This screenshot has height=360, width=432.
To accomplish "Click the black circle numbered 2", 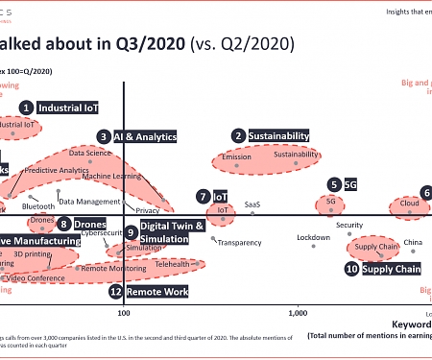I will (x=238, y=137).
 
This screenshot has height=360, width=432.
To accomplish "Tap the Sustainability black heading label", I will (x=279, y=137).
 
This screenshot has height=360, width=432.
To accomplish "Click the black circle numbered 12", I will (x=116, y=291).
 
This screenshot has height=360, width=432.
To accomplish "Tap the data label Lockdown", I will (x=313, y=237).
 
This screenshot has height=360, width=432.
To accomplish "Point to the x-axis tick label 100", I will (x=123, y=313).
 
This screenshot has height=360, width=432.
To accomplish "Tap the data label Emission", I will (x=236, y=156).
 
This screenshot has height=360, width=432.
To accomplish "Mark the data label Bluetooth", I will (x=38, y=206).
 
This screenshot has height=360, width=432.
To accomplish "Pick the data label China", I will (x=413, y=242).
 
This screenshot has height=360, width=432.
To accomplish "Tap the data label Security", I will (x=349, y=226).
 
